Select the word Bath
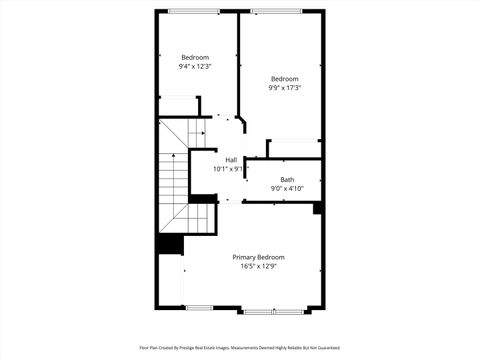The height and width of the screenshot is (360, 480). [287, 180]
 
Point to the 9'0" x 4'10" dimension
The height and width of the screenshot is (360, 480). [287, 189]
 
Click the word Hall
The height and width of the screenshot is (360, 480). [231, 160]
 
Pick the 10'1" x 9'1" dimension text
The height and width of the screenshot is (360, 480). [230, 169]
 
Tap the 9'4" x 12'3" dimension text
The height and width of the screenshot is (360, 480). [195, 67]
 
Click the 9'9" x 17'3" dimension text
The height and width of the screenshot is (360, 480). [285, 88]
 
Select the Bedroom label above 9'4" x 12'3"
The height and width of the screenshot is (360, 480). [195, 58]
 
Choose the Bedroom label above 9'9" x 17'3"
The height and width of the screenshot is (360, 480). [285, 79]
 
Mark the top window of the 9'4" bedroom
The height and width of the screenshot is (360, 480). [195, 11]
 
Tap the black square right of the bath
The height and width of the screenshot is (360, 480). [318, 208]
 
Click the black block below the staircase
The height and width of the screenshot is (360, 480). [169, 243]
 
